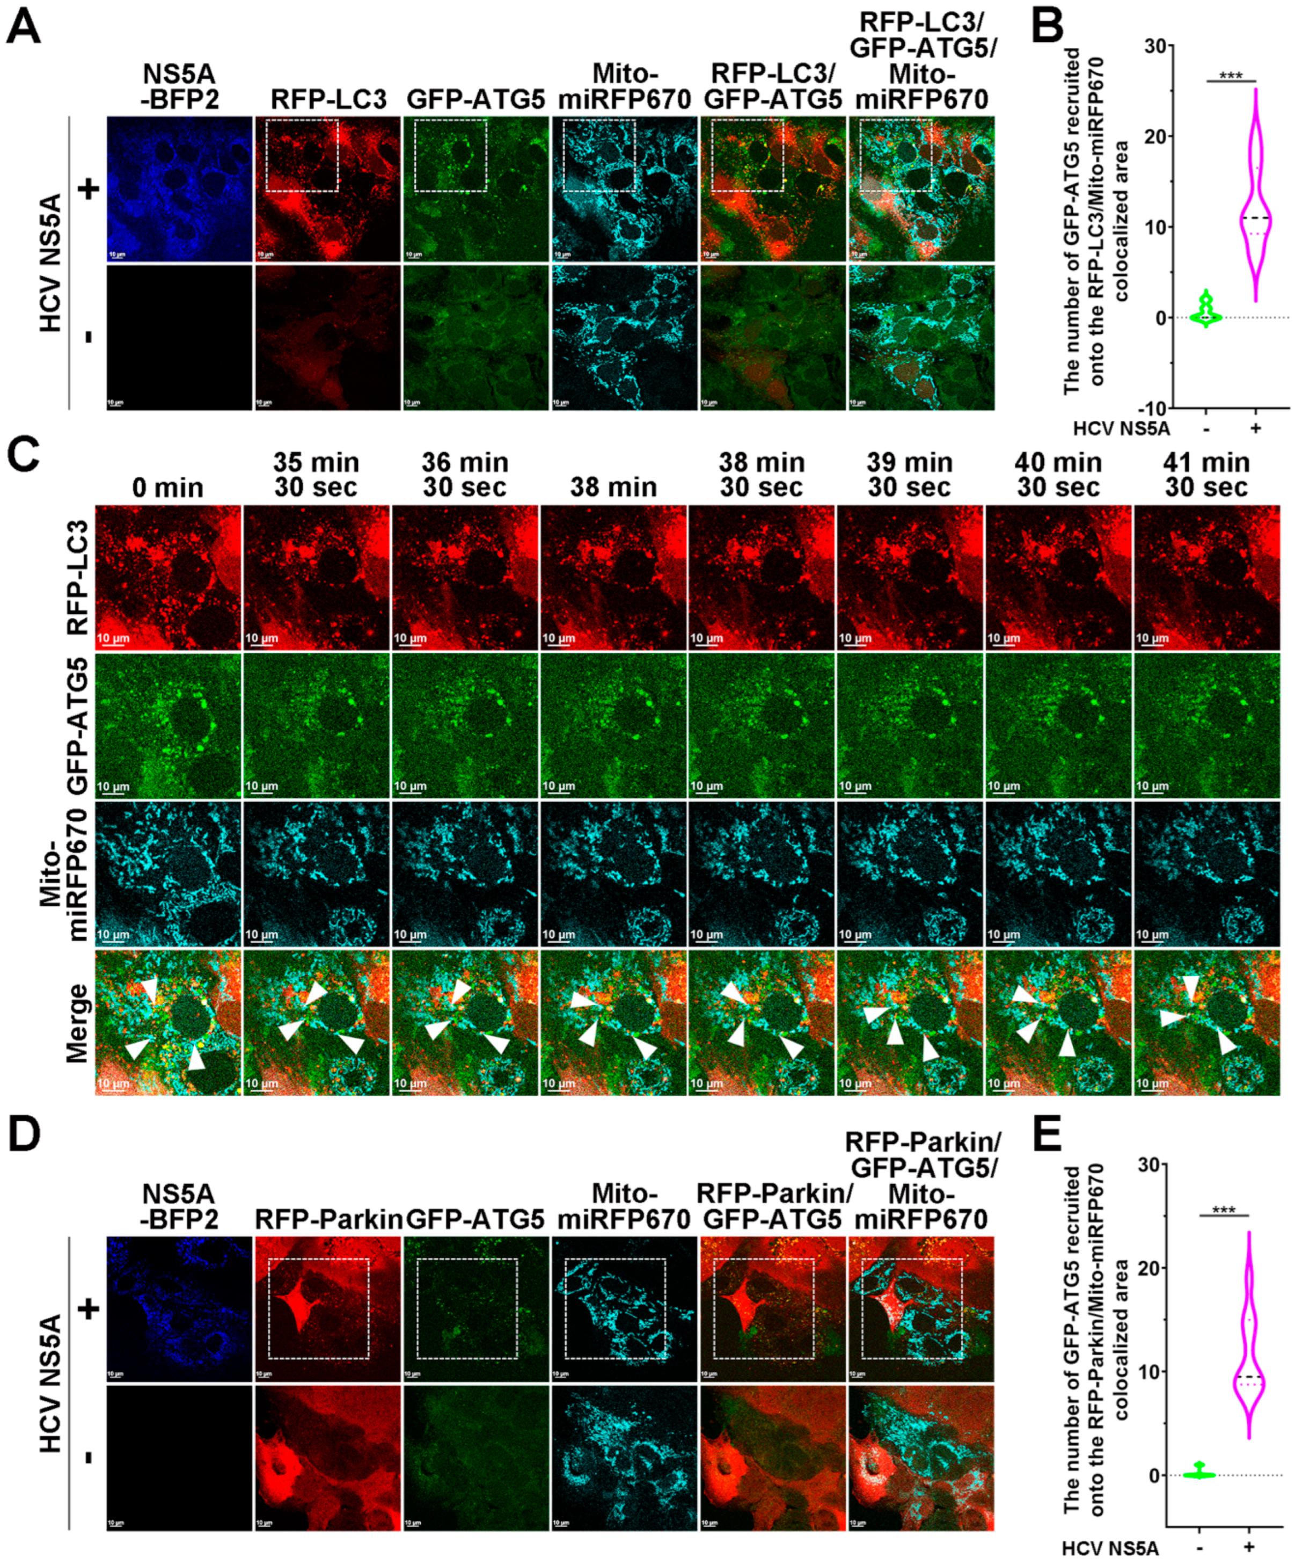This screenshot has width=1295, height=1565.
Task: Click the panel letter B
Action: coord(1049,28)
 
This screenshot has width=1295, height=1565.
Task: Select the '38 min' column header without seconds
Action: coord(613,487)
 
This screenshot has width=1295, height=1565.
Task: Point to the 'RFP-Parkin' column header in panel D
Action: coord(328,1219)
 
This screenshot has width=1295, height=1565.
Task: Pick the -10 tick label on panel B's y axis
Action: coord(1152,409)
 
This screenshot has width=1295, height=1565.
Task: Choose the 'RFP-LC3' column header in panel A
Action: coord(328,100)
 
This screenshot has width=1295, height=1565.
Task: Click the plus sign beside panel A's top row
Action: coord(89,190)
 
